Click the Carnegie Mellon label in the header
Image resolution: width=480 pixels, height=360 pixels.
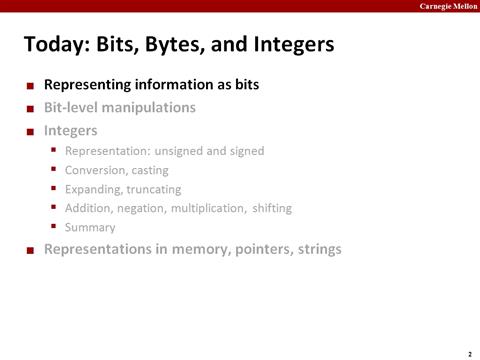[446, 6]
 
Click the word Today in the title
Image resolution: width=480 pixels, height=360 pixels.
[54, 45]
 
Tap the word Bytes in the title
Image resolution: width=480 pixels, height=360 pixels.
[167, 45]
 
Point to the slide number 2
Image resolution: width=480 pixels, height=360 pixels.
[469, 353]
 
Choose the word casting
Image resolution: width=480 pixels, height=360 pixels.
[149, 170]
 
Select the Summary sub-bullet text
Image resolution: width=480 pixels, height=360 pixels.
[89, 227]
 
